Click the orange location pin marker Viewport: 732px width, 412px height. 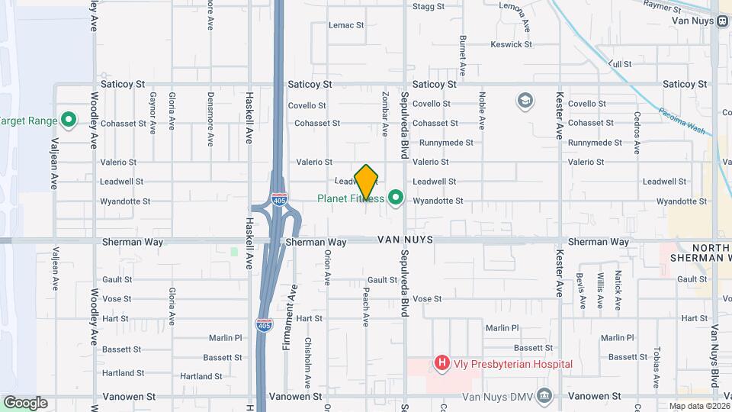(367, 182)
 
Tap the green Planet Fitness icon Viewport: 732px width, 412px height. (395, 199)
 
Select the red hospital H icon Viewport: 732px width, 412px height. (441, 364)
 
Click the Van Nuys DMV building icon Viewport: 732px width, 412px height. (543, 395)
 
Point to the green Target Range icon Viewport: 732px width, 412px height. (68, 120)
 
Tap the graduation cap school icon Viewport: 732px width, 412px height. (524, 100)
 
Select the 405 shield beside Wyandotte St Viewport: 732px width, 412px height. (280, 200)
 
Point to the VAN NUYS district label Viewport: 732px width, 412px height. (405, 240)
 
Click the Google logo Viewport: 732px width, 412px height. (24, 403)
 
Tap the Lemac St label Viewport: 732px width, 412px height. (346, 25)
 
